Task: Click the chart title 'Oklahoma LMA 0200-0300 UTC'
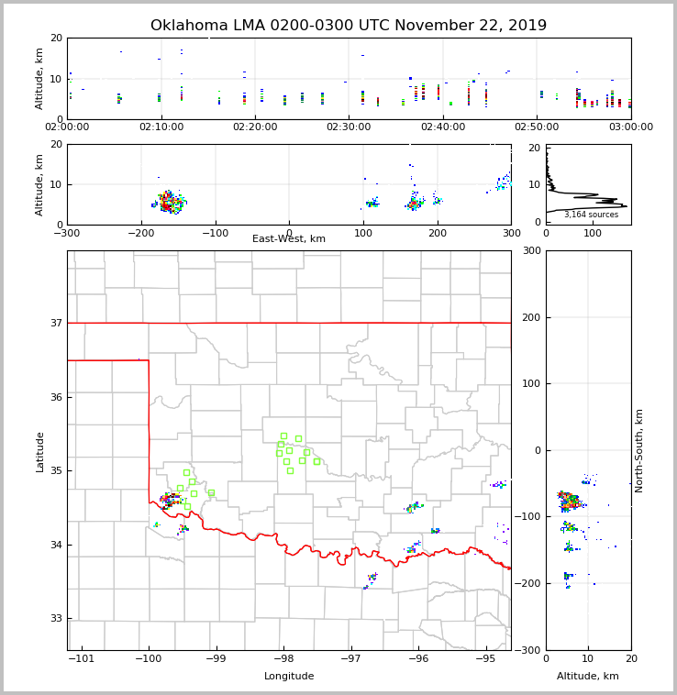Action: pos(349,26)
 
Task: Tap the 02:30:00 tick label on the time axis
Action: pos(349,127)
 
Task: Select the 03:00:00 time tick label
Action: pos(630,127)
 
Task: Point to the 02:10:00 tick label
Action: pos(161,127)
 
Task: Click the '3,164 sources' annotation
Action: pos(591,215)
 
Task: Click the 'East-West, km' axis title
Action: pos(289,239)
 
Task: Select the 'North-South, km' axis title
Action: pos(639,450)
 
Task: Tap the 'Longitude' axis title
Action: pos(289,677)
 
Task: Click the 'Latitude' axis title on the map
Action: pos(40,451)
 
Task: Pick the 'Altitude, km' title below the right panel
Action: pos(588,677)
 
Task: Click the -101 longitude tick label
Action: pos(81,659)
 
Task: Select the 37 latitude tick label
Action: pos(56,324)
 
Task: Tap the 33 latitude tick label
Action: pos(56,619)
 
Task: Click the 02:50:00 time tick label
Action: pos(537,127)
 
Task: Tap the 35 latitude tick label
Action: pos(56,471)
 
